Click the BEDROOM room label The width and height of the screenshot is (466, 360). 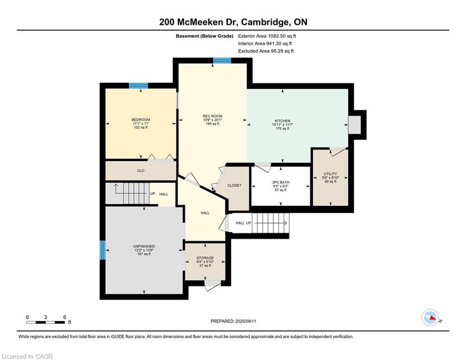pos(141,120)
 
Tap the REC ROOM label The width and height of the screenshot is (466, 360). pos(213,116)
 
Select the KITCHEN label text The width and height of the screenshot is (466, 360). pos(282,121)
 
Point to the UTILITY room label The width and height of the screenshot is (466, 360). pos(331,174)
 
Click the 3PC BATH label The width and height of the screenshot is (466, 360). pos(281,182)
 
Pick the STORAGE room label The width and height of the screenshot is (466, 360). pos(205,258)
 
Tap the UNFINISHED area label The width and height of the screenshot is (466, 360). pos(144,247)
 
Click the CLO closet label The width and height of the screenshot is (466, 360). pos(141,171)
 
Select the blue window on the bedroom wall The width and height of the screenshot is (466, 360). pos(139,86)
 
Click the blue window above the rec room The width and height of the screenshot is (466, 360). pos(222,60)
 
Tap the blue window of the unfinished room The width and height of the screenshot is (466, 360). pos(103,250)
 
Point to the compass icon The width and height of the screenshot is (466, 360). pos(430,317)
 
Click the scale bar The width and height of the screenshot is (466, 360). pos(45,322)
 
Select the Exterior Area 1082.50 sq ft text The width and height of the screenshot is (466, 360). pos(267,36)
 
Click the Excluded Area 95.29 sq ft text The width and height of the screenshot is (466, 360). pos(266,51)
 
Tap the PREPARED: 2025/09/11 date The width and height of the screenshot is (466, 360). pos(233,321)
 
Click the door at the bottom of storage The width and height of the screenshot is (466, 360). pos(213,285)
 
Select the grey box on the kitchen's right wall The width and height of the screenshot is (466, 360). pos(354,125)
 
